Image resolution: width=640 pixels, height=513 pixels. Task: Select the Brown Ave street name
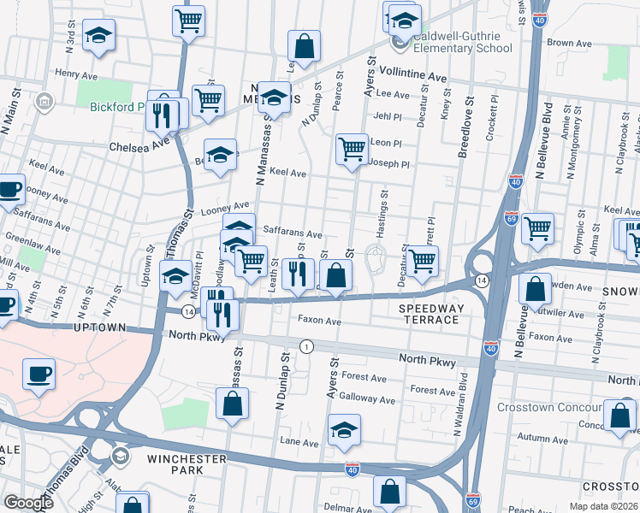(570, 43)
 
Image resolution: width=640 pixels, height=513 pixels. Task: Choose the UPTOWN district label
(100, 328)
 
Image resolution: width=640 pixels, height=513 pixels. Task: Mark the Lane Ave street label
(299, 443)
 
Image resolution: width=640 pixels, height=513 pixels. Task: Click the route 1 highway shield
(305, 345)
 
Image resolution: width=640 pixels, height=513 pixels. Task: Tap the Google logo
(27, 503)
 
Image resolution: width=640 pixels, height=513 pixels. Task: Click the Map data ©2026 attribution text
(603, 506)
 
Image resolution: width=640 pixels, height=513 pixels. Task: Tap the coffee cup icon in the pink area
(39, 374)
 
